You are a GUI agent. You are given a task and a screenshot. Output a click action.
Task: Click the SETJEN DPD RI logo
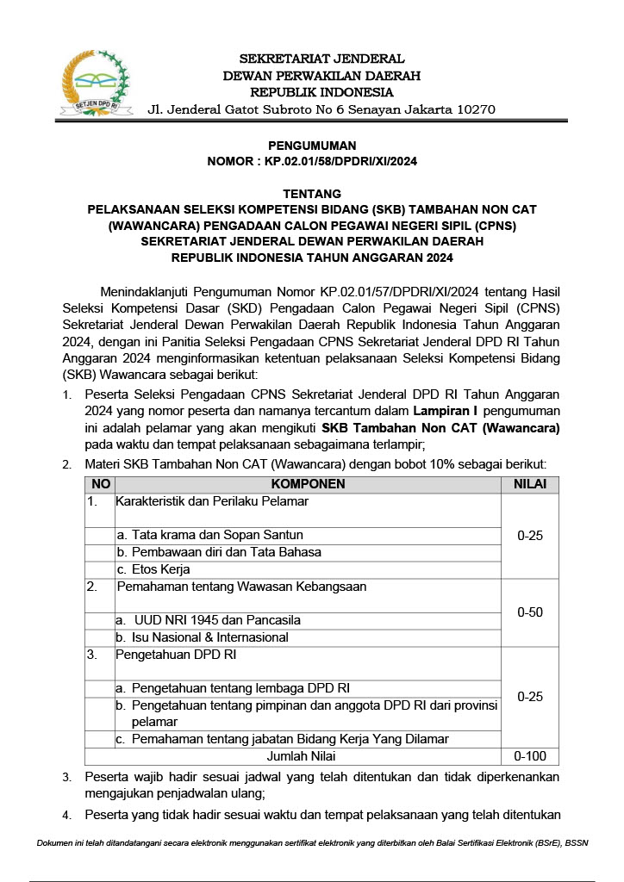(x=93, y=84)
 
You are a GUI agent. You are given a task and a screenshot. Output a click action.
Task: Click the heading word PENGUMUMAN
(x=311, y=146)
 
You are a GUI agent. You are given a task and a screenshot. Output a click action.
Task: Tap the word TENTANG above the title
(x=311, y=194)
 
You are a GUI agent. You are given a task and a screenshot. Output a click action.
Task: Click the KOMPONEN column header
(x=308, y=484)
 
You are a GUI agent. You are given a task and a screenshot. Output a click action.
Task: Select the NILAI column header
(x=530, y=484)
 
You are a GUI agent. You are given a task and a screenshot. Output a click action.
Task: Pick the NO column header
(x=100, y=484)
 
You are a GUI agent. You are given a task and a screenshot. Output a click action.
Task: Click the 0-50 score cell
(x=530, y=612)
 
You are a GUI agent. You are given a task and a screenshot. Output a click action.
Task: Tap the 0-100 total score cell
(x=530, y=756)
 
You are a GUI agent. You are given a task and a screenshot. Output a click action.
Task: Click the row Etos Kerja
(x=160, y=569)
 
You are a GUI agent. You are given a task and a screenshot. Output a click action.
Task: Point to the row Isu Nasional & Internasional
(x=209, y=638)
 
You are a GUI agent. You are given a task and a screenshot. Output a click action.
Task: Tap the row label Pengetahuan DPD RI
(x=177, y=655)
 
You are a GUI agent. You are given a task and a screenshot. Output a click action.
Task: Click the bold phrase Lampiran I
(x=445, y=411)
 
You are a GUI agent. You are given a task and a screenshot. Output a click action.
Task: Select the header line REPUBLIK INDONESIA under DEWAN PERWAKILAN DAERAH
(x=321, y=92)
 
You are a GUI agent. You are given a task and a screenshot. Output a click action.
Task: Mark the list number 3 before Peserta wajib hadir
(x=67, y=777)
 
